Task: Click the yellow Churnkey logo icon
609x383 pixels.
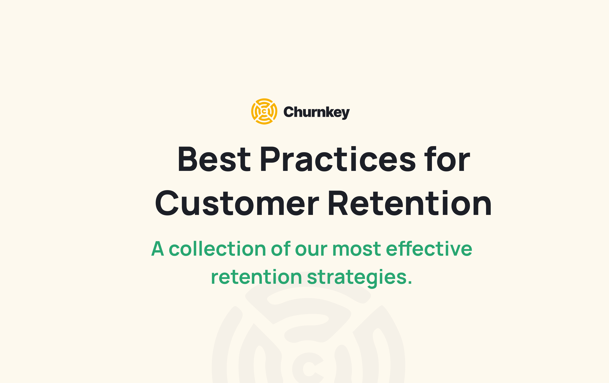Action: (264, 111)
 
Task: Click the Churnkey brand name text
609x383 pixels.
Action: (316, 112)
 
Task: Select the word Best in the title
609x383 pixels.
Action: (214, 159)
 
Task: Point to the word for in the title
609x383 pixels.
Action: (447, 159)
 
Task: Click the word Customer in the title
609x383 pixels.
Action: (237, 203)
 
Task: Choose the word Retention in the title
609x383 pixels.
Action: (410, 203)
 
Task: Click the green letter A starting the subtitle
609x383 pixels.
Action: (158, 249)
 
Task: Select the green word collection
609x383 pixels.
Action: (217, 249)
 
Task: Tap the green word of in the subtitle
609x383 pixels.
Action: (280, 249)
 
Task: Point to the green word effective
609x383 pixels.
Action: (429, 249)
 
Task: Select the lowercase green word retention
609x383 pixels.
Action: (256, 277)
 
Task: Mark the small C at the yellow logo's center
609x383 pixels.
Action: (264, 111)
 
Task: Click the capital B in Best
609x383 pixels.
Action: (187, 159)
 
